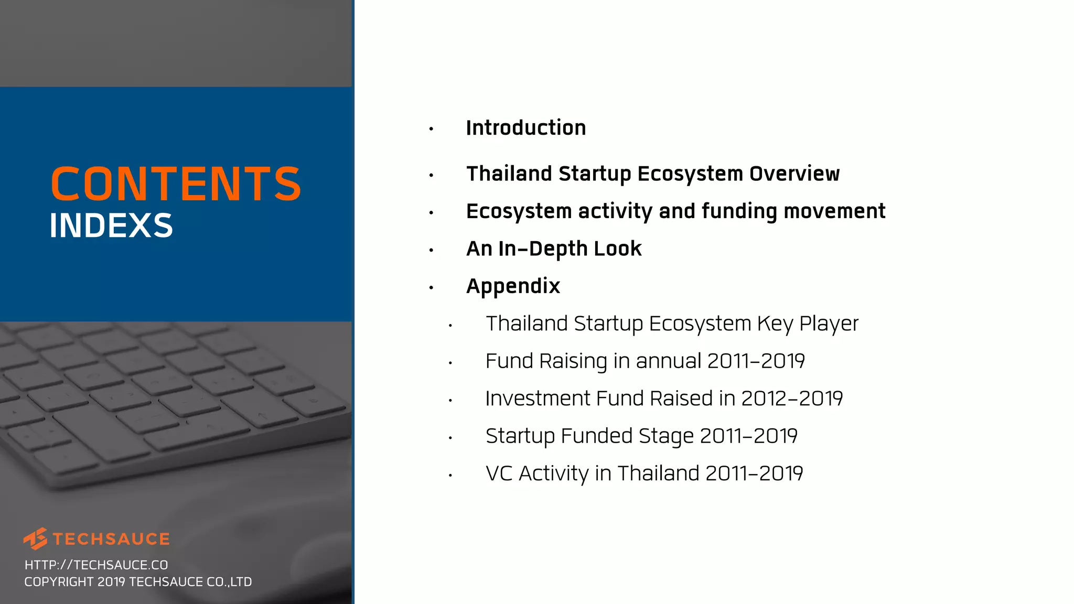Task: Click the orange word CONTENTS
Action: point(176,184)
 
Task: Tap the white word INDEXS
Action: point(111,226)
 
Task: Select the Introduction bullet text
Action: point(525,128)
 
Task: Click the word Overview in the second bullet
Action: point(794,174)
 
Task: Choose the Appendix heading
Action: point(513,286)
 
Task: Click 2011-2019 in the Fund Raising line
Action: point(756,361)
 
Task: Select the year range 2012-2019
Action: point(792,398)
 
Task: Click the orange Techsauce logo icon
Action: point(36,538)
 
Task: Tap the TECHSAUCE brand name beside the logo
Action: point(111,539)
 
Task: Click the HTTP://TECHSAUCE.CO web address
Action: point(96,565)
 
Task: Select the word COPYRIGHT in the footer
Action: point(59,582)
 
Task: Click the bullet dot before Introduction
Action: point(431,129)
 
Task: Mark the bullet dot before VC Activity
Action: point(450,476)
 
